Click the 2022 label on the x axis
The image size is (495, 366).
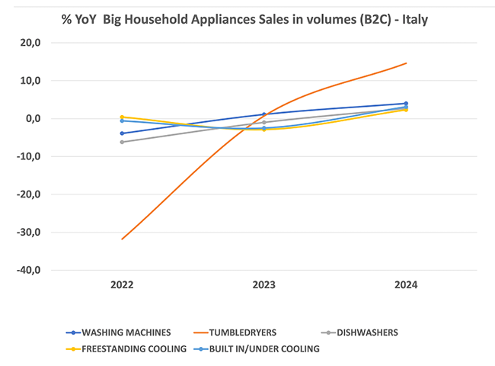coord(122,284)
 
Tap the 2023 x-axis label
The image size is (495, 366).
coord(264,284)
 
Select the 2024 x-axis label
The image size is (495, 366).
coord(406,284)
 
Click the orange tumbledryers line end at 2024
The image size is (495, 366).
coord(406,63)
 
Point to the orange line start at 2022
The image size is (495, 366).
coord(122,239)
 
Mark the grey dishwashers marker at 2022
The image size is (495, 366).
coord(122,142)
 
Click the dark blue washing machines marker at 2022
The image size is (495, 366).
coord(122,133)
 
